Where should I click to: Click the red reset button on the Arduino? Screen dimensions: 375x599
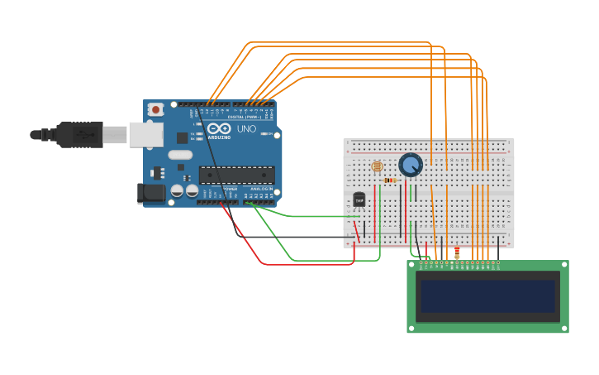pyautogui.click(x=155, y=109)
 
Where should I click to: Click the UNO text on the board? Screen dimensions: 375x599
pyautogui.click(x=246, y=129)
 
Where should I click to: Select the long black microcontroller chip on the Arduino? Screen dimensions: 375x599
pyautogui.click(x=236, y=175)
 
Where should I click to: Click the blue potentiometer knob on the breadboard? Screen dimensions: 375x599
pyautogui.click(x=410, y=165)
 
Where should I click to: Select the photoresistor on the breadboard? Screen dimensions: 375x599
pyautogui.click(x=377, y=166)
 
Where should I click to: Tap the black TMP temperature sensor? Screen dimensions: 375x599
pyautogui.click(x=359, y=200)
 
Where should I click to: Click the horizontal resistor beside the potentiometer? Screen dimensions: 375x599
pyautogui.click(x=390, y=180)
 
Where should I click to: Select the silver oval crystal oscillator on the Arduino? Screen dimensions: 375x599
pyautogui.click(x=179, y=155)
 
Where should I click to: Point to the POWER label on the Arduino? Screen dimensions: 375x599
pyautogui.click(x=231, y=189)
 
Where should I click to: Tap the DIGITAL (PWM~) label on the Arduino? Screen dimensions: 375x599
pyautogui.click(x=247, y=117)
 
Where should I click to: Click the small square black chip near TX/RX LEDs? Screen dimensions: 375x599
pyautogui.click(x=183, y=138)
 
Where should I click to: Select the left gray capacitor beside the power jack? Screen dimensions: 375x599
pyautogui.click(x=177, y=191)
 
